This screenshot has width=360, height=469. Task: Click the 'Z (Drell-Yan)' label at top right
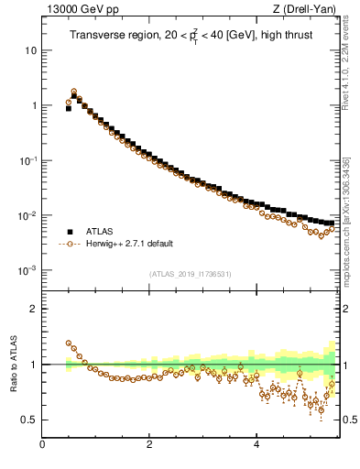[310, 10]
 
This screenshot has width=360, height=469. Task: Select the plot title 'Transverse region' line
[190, 37]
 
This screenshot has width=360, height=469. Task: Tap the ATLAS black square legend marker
[69, 232]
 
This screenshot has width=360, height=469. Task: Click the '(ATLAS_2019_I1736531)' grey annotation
[191, 274]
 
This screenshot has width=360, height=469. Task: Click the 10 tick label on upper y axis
[31, 50]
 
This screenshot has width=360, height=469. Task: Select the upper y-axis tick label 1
[34, 105]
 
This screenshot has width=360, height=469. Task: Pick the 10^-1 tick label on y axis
[29, 160]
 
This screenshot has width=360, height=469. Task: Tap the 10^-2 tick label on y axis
[29, 215]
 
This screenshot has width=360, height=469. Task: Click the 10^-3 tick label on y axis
[29, 270]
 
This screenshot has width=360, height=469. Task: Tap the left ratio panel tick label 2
[34, 309]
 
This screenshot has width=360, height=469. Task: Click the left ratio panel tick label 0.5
[29, 420]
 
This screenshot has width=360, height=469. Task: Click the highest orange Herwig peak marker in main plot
[74, 92]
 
